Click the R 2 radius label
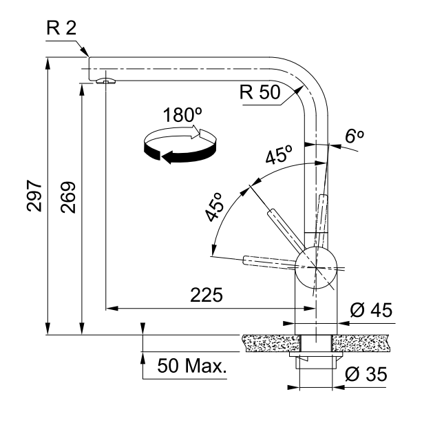coord(61,28)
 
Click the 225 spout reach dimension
coord(207,296)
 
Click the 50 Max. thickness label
coord(192,366)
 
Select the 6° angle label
coord(354,136)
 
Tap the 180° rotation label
coord(180,115)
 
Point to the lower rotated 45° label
coord(216,207)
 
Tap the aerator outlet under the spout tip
coord(106,81)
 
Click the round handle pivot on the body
coord(316,265)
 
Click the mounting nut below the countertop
coord(316,363)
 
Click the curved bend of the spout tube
coord(303,76)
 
